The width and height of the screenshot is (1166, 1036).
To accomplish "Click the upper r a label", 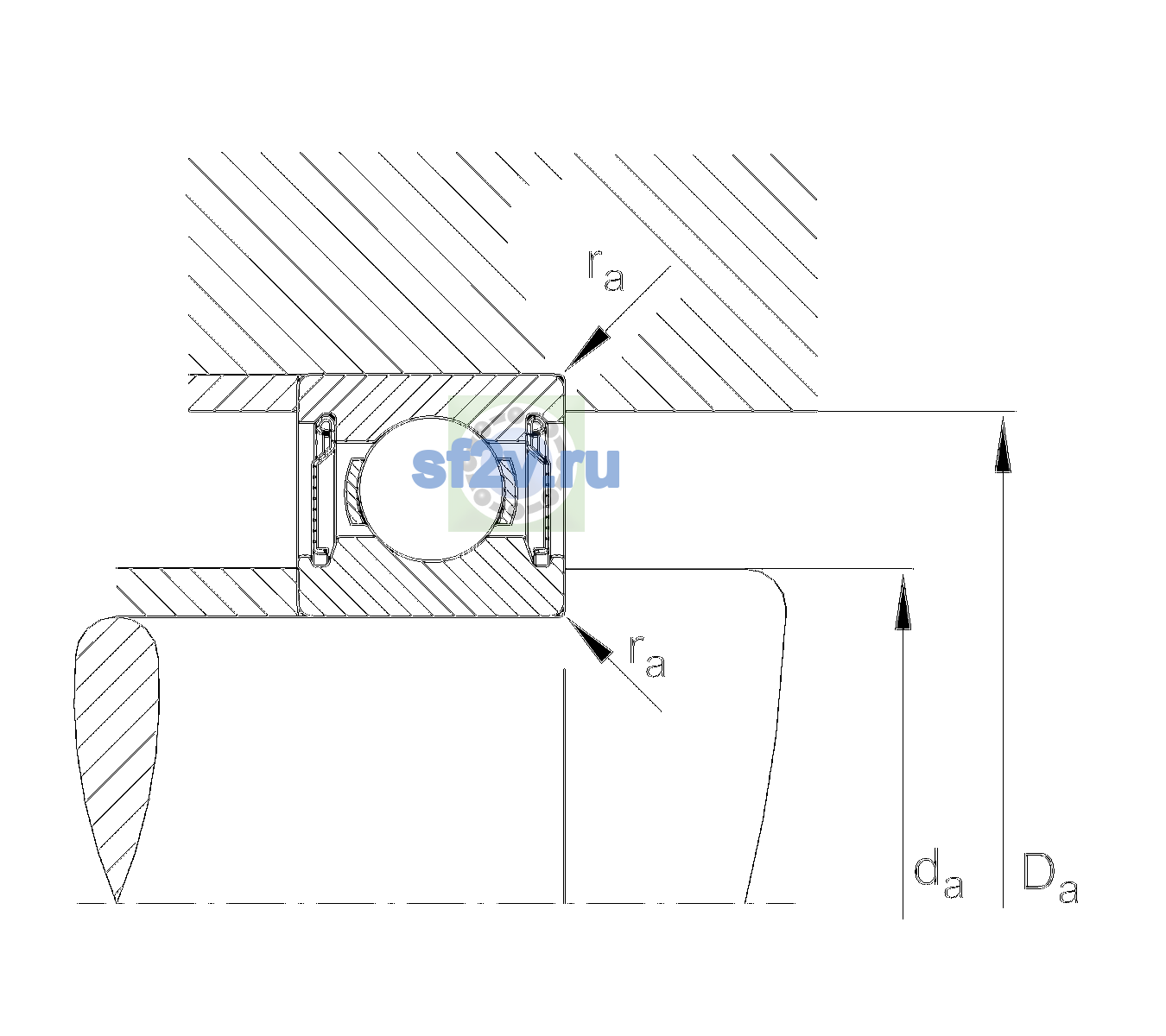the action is click(605, 270).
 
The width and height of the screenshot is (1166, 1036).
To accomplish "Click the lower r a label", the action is click(648, 657).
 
